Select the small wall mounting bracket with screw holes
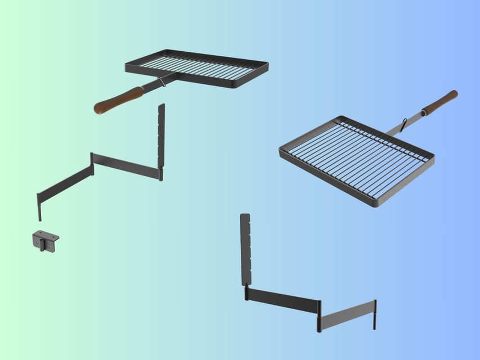click(x=46, y=241)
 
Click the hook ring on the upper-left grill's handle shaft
click(x=162, y=83)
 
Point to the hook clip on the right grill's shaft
click(x=403, y=123)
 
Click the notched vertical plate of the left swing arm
click(x=162, y=135)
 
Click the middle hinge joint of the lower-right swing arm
click(x=319, y=315)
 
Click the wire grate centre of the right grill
click(x=357, y=158)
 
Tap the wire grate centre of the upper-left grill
click(x=197, y=67)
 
